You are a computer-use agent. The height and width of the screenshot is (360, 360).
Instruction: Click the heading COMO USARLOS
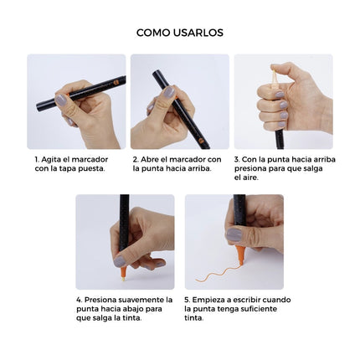(x=179, y=33)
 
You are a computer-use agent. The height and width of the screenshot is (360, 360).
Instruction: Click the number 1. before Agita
(x=38, y=158)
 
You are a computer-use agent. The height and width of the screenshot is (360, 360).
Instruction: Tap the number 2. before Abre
(x=136, y=158)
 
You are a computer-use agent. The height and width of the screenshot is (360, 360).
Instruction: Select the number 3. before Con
(x=237, y=158)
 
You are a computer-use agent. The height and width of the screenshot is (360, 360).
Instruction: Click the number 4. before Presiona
(x=79, y=299)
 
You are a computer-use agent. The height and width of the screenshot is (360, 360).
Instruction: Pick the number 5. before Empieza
(x=188, y=299)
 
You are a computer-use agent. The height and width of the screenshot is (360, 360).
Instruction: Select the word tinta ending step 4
(x=131, y=317)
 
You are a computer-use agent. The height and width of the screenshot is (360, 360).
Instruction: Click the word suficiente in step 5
(x=265, y=308)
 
